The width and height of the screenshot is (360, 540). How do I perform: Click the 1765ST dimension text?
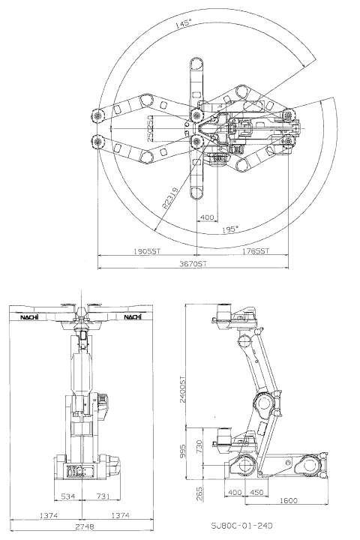point(257,252)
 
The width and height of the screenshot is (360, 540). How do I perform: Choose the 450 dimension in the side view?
point(255,493)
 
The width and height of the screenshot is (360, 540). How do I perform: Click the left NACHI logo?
point(31,318)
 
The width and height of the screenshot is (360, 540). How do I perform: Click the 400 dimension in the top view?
point(207,217)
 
